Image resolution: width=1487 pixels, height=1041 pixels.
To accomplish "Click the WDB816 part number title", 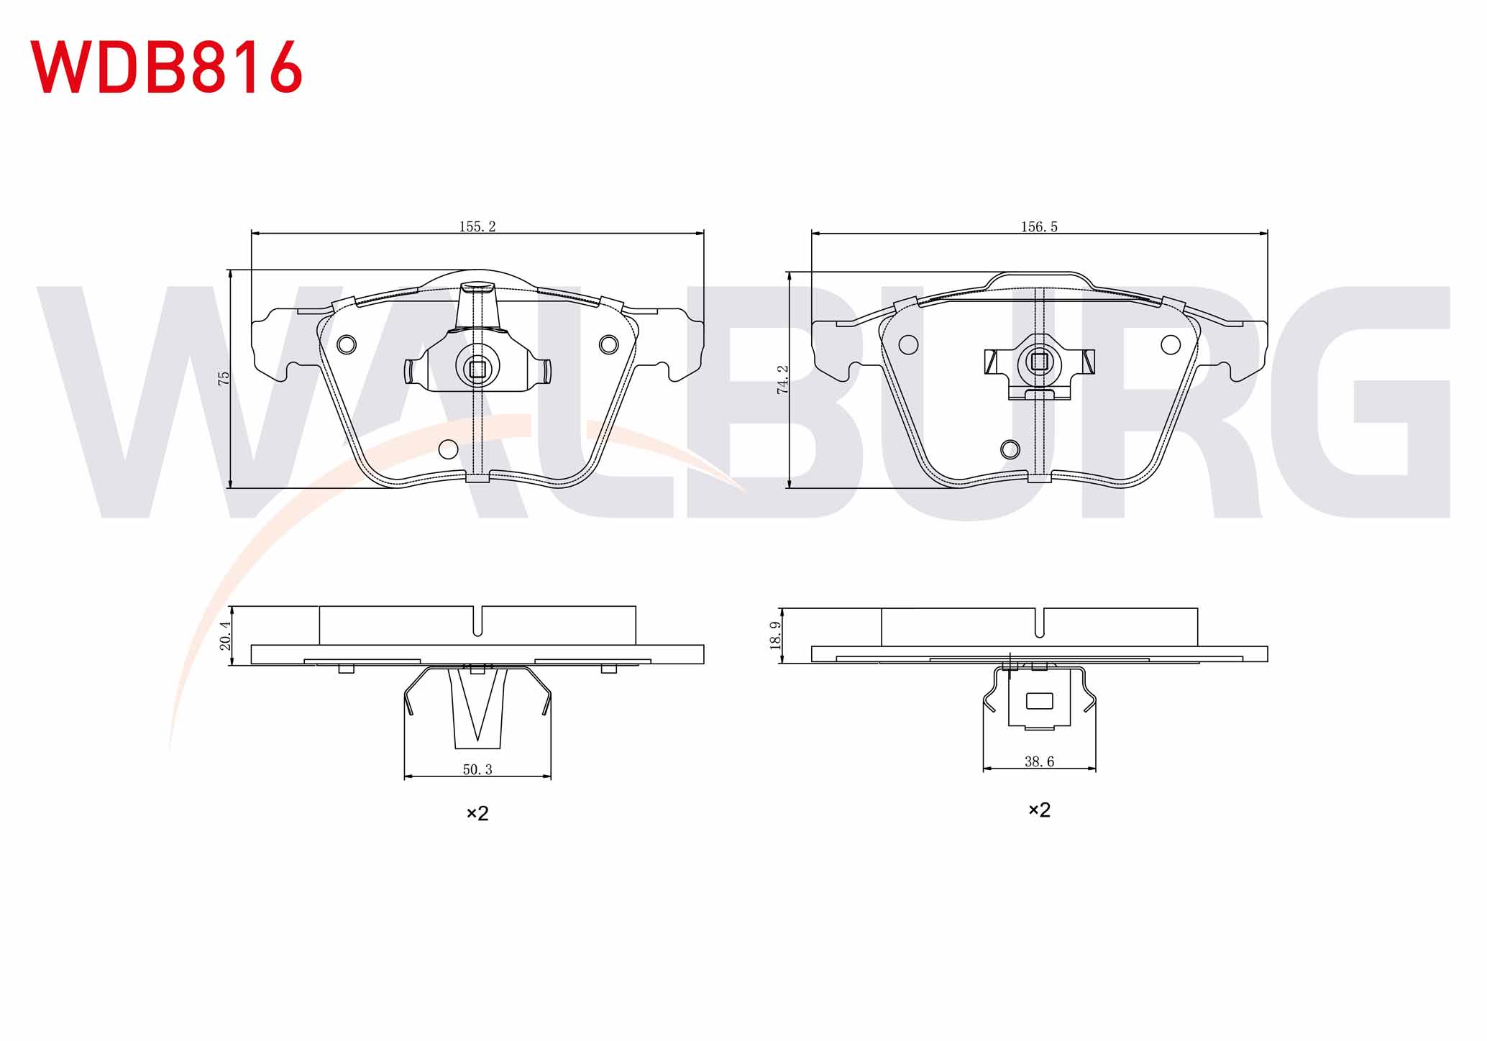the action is (x=166, y=67).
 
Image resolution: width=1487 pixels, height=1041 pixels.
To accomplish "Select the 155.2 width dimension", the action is (x=477, y=226).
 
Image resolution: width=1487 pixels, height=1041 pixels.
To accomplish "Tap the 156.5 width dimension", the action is (x=1039, y=226).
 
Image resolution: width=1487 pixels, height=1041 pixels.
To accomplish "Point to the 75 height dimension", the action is (x=224, y=378).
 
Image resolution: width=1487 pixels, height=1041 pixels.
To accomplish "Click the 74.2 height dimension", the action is (x=783, y=379).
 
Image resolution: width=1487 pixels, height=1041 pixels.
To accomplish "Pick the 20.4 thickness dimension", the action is (x=226, y=636).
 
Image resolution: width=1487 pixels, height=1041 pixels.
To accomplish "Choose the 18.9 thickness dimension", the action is (x=776, y=636).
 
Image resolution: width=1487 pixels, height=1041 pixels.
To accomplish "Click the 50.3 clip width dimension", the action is (x=477, y=769).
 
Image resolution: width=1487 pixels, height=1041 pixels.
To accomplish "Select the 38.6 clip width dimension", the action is (x=1039, y=761).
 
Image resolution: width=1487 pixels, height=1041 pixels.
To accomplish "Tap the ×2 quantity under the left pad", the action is (x=477, y=813).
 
